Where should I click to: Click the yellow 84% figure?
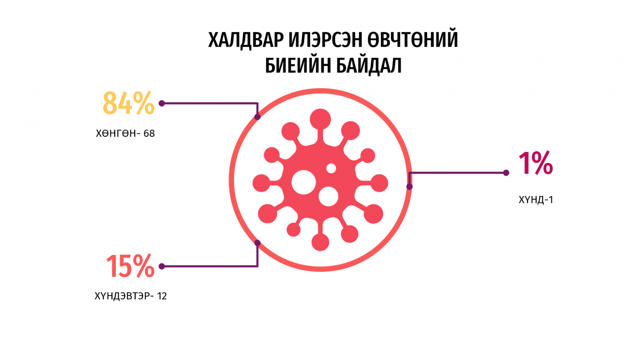point(128,103)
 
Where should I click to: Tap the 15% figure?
point(130,266)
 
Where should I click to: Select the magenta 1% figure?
point(536,163)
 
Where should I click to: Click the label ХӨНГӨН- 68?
point(125,134)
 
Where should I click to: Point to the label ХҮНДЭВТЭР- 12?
point(130,296)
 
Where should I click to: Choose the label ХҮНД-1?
point(536,200)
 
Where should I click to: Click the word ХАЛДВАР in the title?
point(246,40)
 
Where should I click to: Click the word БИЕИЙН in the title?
point(298,66)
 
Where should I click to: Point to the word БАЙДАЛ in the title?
point(368,66)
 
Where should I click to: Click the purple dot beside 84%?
point(162,103)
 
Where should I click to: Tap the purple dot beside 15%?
point(162,266)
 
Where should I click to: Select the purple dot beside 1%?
point(506,172)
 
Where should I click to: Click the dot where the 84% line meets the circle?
point(258,116)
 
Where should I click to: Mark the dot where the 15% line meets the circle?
point(258,243)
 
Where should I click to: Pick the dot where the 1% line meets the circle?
point(410,186)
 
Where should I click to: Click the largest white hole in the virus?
point(304,182)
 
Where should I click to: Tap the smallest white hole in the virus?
point(331,168)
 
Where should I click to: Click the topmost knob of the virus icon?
point(320,119)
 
